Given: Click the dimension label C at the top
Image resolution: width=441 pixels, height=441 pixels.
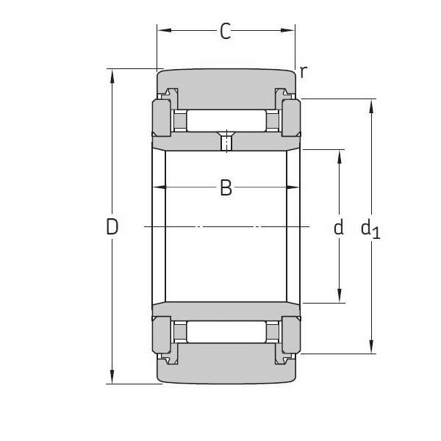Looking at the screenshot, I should click(x=226, y=31).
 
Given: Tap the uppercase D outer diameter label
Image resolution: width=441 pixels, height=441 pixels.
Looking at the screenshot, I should click(x=112, y=227).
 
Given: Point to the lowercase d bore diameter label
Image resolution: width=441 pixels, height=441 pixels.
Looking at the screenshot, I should click(x=339, y=227).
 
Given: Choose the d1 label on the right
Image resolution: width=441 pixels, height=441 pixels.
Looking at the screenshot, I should click(x=370, y=229).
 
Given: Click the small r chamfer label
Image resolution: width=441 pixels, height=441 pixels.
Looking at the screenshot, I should click(x=303, y=71).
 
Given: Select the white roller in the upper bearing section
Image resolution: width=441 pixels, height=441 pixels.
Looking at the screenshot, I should click(x=226, y=120).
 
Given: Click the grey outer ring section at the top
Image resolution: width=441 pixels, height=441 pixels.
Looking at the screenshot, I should click(x=226, y=83).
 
